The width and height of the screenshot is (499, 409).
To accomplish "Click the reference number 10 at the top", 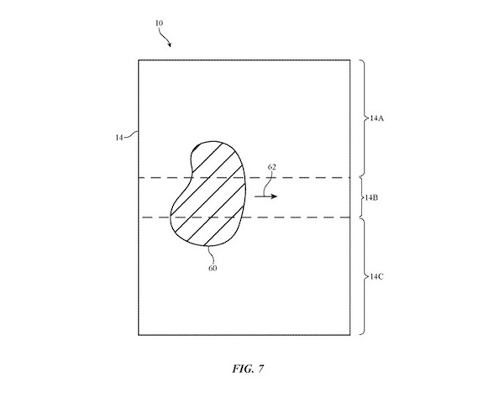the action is (x=159, y=24).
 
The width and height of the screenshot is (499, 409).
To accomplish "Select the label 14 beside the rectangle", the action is (x=119, y=138).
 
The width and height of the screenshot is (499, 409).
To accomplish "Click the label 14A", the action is (x=377, y=118).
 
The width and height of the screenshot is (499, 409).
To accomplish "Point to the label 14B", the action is (x=371, y=197).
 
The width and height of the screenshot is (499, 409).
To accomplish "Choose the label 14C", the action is (x=376, y=276).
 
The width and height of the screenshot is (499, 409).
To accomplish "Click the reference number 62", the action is (x=272, y=167).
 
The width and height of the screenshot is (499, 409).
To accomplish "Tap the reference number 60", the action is (x=213, y=268).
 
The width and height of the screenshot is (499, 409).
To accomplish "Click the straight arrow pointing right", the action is (x=265, y=197).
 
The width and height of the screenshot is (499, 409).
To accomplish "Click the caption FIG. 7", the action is (x=248, y=369).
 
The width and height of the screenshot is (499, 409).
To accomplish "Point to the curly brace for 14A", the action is (x=365, y=118).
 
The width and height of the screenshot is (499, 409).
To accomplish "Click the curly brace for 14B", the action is (x=362, y=197).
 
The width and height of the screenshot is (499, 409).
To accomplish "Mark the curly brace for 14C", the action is (x=365, y=276).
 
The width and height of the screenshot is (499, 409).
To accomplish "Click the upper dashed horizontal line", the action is (x=244, y=178).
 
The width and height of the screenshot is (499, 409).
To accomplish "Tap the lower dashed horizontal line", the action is (x=246, y=218).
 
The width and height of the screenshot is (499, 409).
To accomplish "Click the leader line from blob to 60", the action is (x=210, y=254).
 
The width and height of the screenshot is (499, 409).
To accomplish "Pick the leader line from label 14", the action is (x=131, y=134).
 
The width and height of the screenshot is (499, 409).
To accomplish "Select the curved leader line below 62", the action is (x=267, y=184).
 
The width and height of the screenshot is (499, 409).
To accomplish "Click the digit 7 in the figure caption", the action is (x=260, y=369).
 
